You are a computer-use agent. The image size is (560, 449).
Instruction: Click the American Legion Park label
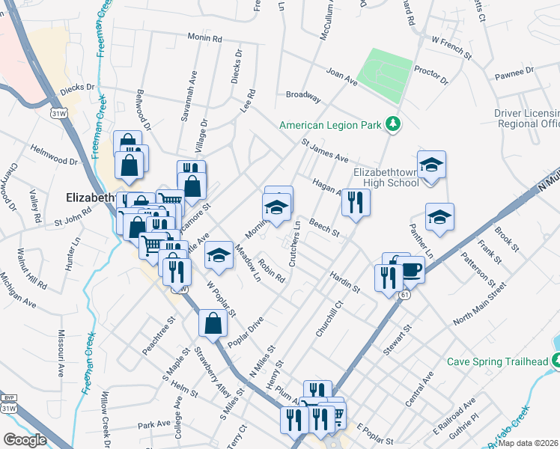330,125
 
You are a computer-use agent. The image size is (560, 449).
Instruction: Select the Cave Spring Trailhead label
498,361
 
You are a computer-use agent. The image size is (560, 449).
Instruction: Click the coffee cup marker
410,270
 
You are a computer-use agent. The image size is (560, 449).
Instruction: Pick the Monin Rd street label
205,37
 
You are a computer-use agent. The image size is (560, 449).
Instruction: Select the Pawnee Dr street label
513,73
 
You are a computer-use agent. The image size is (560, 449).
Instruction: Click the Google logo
25,439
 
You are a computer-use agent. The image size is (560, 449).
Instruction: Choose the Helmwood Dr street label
54,154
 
